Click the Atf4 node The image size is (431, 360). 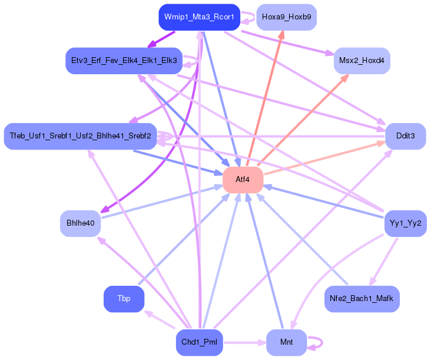click(243, 180)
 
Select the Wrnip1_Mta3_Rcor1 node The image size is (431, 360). click(200, 17)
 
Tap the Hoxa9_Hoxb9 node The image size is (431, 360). click(286, 17)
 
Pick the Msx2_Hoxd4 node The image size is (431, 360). click(362, 61)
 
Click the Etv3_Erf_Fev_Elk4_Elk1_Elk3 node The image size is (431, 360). click(124, 61)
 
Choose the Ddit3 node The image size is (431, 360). click(406, 136)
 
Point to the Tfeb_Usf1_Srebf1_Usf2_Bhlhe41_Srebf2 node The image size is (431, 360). click(80, 136)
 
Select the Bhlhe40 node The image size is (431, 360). click(81, 223)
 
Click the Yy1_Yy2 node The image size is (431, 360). click(406, 223)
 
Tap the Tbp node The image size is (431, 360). click(124, 299)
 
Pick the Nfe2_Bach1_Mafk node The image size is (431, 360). click(362, 299)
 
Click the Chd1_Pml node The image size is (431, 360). click(200, 342)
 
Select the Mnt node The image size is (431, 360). click(286, 342)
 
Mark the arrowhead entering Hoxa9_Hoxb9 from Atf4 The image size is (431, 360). click(281, 34)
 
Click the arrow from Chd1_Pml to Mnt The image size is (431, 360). click(244, 343)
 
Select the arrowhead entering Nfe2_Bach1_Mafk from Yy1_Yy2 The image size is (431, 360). click(373, 282)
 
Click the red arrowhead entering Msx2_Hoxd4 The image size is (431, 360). click(345, 78)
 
